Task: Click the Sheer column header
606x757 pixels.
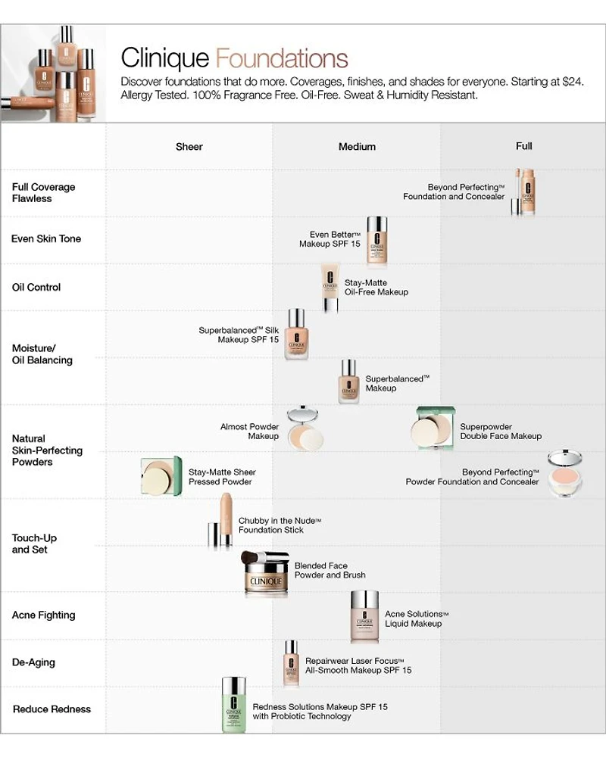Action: tap(189, 147)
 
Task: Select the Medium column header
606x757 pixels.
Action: tap(357, 147)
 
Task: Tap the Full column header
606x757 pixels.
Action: tap(523, 146)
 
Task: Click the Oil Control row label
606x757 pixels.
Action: tap(36, 288)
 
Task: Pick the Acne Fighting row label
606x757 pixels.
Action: tap(43, 615)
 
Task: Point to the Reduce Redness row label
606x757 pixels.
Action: tap(52, 709)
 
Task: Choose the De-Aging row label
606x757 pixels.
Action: tap(33, 662)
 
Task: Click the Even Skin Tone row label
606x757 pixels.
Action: tap(46, 239)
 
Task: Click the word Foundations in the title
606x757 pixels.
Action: tap(282, 59)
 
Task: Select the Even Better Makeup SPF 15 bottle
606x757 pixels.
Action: tap(376, 240)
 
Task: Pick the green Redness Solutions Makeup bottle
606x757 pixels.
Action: tap(235, 705)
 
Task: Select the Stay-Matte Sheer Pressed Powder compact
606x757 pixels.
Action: tap(161, 477)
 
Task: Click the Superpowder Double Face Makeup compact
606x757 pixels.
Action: tap(434, 428)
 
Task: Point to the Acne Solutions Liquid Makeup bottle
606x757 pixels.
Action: tap(364, 616)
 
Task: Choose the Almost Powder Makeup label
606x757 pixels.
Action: tap(249, 431)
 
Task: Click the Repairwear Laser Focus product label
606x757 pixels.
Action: tap(358, 665)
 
